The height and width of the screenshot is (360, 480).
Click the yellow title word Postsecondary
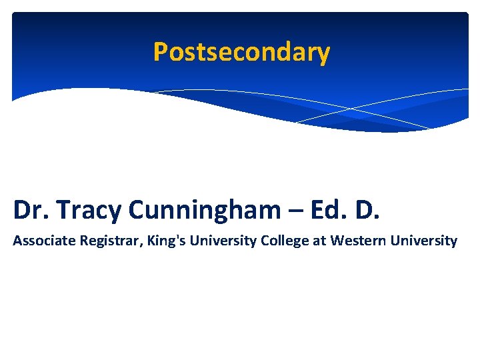(241, 52)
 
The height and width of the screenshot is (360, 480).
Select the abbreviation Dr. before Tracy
(31, 209)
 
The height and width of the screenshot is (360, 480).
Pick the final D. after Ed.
(365, 209)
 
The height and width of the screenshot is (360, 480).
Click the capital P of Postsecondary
(160, 52)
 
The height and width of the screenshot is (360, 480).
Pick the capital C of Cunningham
(137, 209)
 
